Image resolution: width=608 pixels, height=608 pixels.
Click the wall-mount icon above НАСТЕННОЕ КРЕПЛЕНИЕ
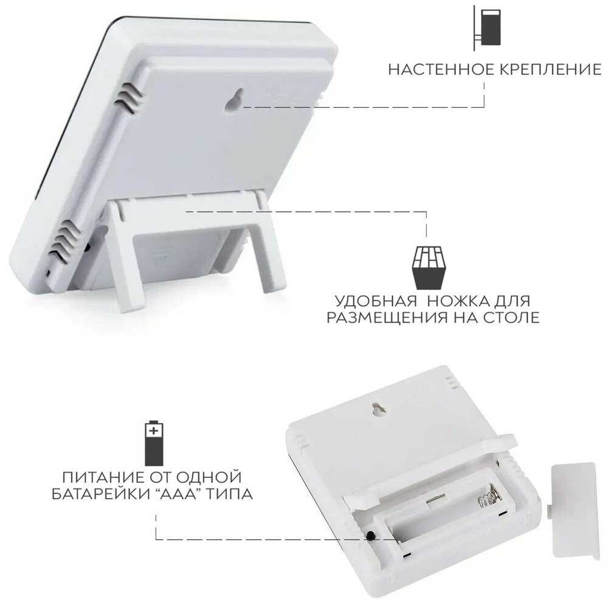click(487, 27)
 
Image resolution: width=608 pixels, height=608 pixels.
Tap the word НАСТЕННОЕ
click(441, 69)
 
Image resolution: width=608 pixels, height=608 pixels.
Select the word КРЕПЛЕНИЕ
click(550, 69)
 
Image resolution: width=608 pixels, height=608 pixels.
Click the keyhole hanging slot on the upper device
click(235, 100)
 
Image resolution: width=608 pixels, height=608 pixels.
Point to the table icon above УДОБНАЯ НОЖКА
click(429, 268)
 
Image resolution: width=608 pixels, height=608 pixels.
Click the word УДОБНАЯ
click(376, 301)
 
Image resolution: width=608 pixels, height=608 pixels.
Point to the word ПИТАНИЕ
click(100, 477)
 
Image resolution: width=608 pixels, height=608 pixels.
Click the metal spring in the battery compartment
click(489, 496)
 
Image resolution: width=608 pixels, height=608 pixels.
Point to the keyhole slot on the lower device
click(376, 410)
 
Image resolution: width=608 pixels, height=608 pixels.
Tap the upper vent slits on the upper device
click(128, 97)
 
